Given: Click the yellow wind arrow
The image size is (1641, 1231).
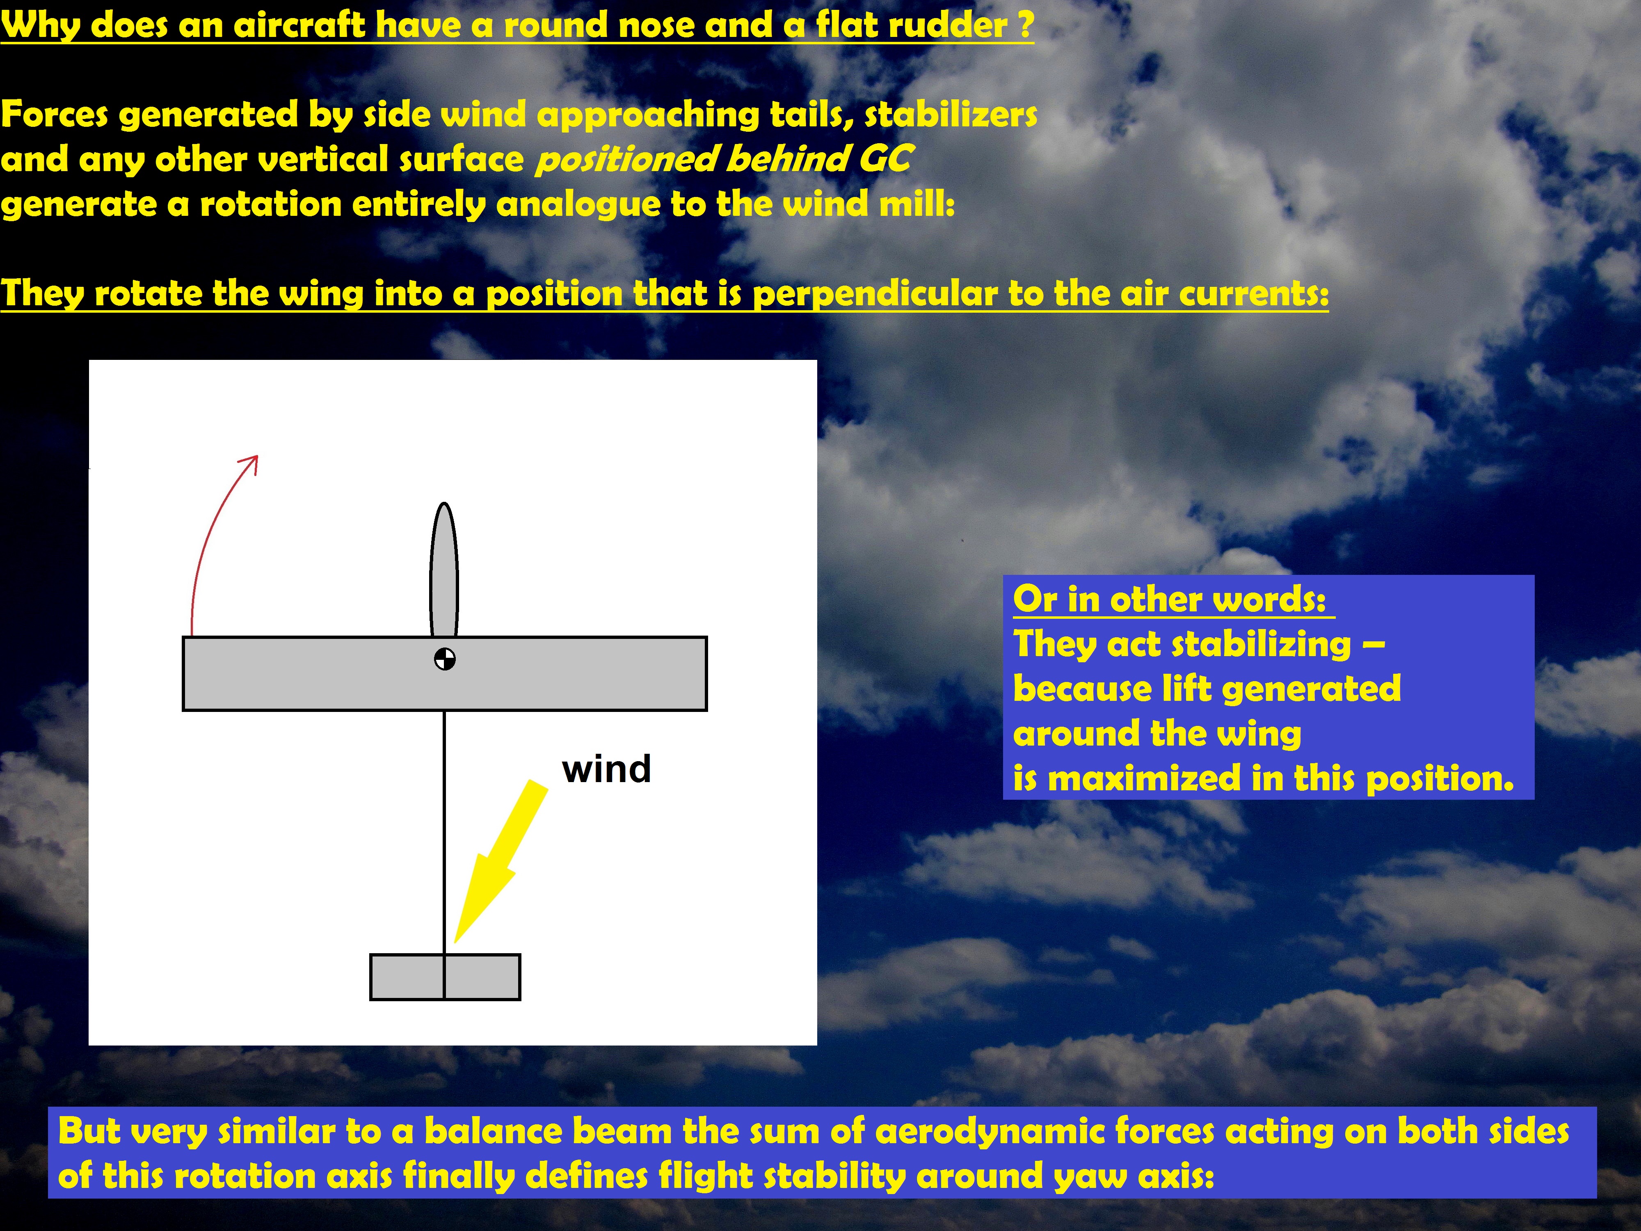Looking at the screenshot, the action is coord(501,861).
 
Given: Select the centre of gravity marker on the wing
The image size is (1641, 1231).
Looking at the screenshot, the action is coord(444,658).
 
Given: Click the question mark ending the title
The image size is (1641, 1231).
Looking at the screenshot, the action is coord(1024,25).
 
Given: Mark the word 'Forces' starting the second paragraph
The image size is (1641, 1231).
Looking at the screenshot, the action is coord(54,114).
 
